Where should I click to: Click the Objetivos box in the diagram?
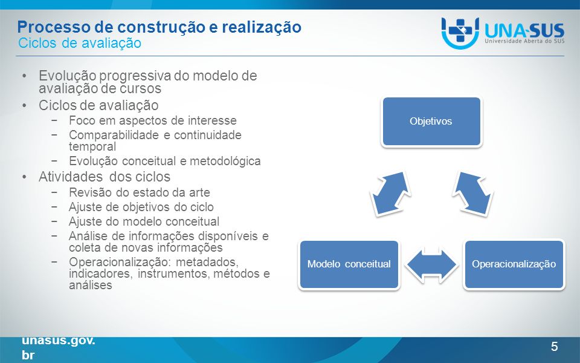(x=431, y=122)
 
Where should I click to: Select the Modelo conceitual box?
(x=349, y=264)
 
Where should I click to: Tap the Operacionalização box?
(x=514, y=264)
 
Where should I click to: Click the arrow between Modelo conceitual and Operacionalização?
(x=431, y=265)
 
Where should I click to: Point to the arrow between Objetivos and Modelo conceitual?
(x=391, y=194)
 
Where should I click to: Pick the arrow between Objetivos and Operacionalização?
(x=472, y=194)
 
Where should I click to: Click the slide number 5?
(x=554, y=347)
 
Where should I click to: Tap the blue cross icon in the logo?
(x=460, y=30)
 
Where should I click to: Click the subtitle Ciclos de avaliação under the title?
(x=80, y=43)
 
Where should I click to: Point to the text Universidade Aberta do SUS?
(x=524, y=41)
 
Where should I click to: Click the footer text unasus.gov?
(x=59, y=340)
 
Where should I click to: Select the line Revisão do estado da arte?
(x=140, y=192)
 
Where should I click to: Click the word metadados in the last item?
(x=207, y=262)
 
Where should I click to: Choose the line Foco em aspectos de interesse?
(x=153, y=121)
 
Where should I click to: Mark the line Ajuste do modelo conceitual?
(x=144, y=221)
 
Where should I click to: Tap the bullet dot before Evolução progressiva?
(x=24, y=76)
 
